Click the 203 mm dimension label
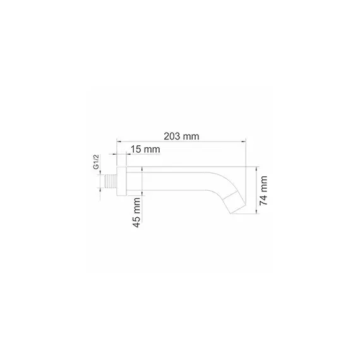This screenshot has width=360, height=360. click(x=181, y=136)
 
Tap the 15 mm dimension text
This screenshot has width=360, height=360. click(x=145, y=149)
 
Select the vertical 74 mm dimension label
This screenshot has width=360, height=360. click(x=263, y=191)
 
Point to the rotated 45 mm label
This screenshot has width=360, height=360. click(x=136, y=213)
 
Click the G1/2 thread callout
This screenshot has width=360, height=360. click(x=96, y=162)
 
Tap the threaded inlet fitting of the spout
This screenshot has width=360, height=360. click(x=111, y=181)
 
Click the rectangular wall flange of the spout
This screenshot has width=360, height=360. click(x=122, y=181)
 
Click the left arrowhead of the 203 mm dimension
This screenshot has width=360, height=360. click(x=119, y=142)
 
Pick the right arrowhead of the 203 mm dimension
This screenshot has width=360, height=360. click(x=244, y=142)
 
